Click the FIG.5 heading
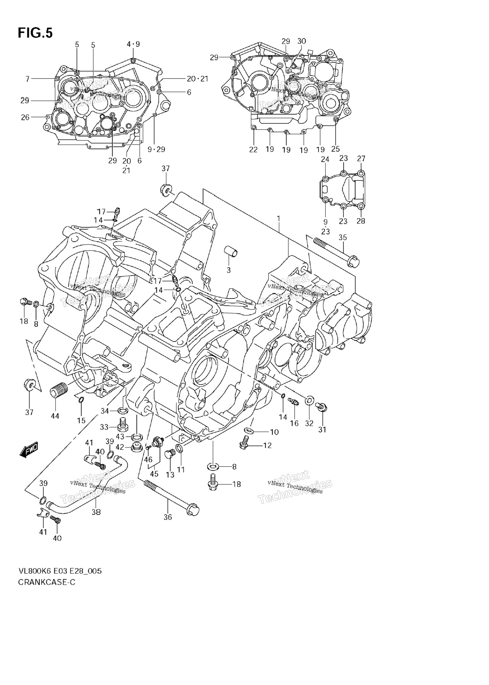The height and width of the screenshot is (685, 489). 35,33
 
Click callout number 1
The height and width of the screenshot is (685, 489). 279,219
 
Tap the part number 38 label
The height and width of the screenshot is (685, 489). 96,512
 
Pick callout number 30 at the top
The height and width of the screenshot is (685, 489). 301,41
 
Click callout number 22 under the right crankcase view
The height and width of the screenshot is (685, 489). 253,150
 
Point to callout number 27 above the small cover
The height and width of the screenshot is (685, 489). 361,159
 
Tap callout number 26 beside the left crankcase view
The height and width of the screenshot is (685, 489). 25,117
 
